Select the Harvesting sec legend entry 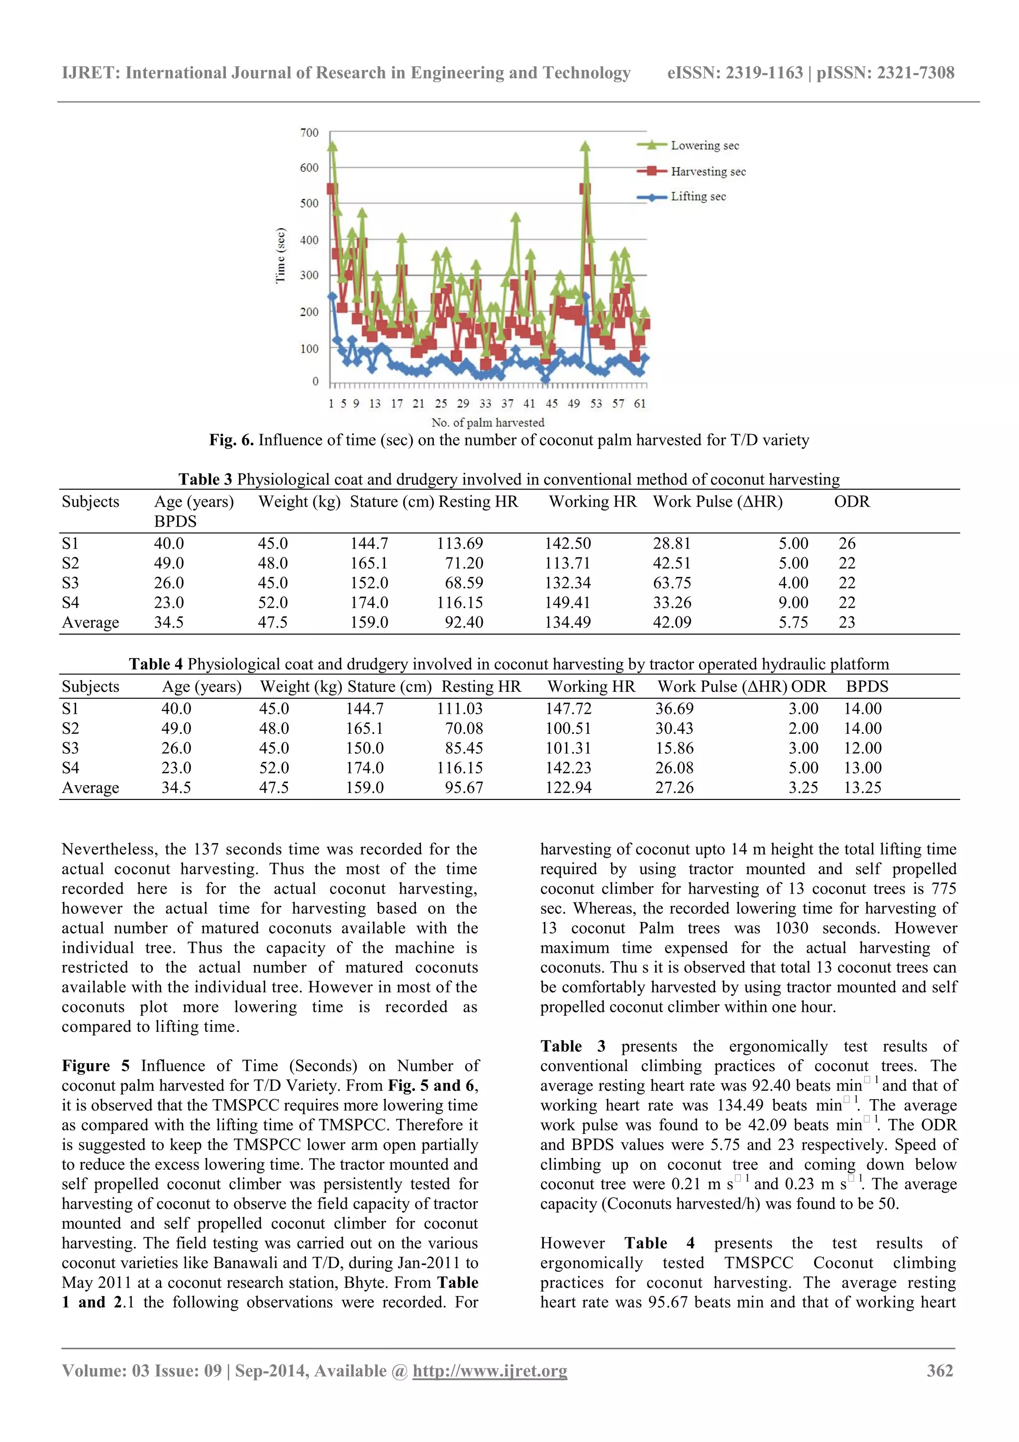click(708, 171)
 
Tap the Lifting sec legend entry click(698, 197)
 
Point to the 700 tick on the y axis click(309, 132)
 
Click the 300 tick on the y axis click(309, 275)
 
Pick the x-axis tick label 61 click(639, 403)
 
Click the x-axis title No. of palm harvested click(487, 422)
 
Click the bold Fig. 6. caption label click(231, 440)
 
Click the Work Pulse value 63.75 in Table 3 click(672, 583)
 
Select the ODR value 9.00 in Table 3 click(793, 602)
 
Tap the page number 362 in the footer click(939, 1370)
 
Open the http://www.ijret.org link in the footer click(489, 1370)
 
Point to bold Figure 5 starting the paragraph click(96, 1066)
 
